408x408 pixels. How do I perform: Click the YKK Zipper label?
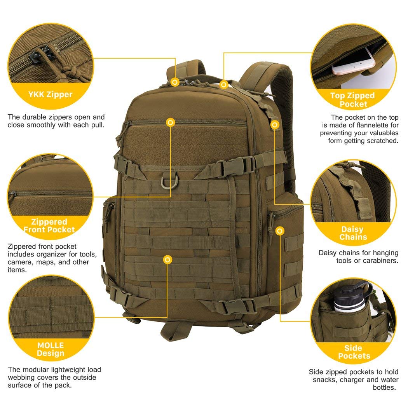(x=50, y=94)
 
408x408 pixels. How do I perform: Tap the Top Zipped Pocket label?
(x=352, y=100)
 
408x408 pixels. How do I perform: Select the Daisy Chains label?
(x=353, y=233)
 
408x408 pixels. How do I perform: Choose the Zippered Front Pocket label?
(x=49, y=226)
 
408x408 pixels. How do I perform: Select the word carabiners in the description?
(x=380, y=261)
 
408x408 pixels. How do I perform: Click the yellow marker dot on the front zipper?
(x=170, y=122)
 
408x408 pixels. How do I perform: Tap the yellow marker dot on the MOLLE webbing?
(x=167, y=260)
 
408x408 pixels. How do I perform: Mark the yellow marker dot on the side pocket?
(x=279, y=231)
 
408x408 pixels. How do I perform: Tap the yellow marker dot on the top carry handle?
(x=223, y=84)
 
